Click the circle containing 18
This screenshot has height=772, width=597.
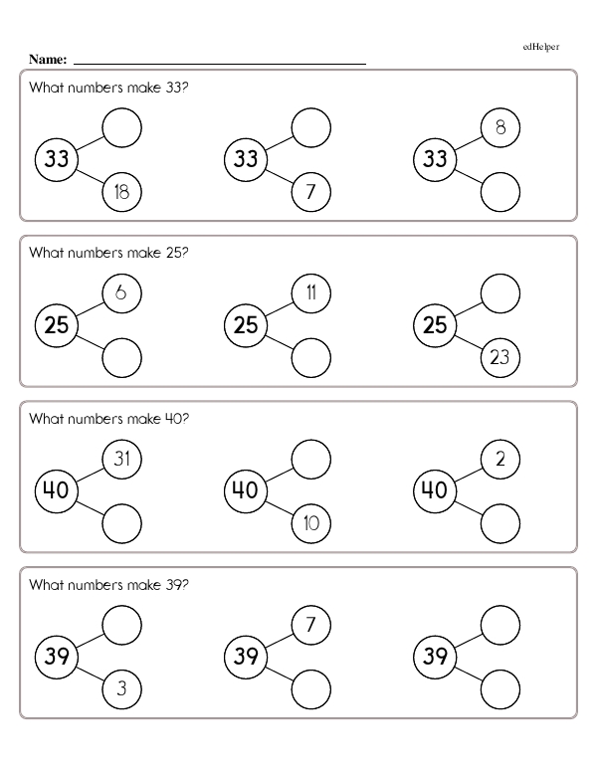point(121,192)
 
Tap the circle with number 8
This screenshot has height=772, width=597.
point(499,127)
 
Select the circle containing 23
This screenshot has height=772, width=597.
point(499,357)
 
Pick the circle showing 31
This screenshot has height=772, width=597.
point(121,459)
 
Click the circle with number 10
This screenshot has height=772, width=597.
point(310,523)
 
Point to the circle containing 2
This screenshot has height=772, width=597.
point(499,459)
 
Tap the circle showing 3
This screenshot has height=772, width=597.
point(121,688)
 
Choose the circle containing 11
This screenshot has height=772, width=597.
point(310,293)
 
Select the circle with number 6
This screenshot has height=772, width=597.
point(121,293)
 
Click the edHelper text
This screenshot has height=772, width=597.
point(541,47)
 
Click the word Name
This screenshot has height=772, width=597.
point(48,60)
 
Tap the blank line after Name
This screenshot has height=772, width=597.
point(220,64)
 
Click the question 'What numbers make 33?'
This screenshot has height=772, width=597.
point(108,88)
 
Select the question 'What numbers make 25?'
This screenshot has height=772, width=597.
point(108,253)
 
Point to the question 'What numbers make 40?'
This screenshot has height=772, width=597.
point(108,419)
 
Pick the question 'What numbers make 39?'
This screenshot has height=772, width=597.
point(108,585)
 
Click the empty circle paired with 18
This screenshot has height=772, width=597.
point(121,127)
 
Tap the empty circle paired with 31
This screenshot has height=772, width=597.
point(121,523)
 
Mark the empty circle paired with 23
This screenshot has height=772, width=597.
point(499,293)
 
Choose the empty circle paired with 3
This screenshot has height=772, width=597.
point(121,625)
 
